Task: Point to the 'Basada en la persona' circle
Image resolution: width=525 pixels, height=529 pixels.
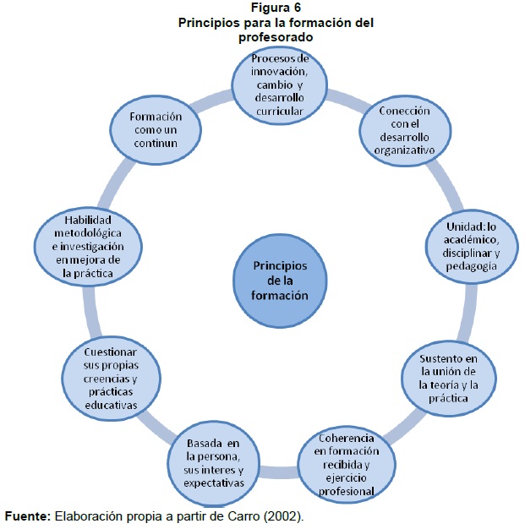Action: click(x=211, y=464)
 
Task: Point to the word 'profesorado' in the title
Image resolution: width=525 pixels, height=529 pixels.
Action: click(x=276, y=37)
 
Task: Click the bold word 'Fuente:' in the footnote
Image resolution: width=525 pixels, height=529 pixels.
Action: click(x=27, y=515)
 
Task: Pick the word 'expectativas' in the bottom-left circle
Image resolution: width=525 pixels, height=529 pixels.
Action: click(x=211, y=483)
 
